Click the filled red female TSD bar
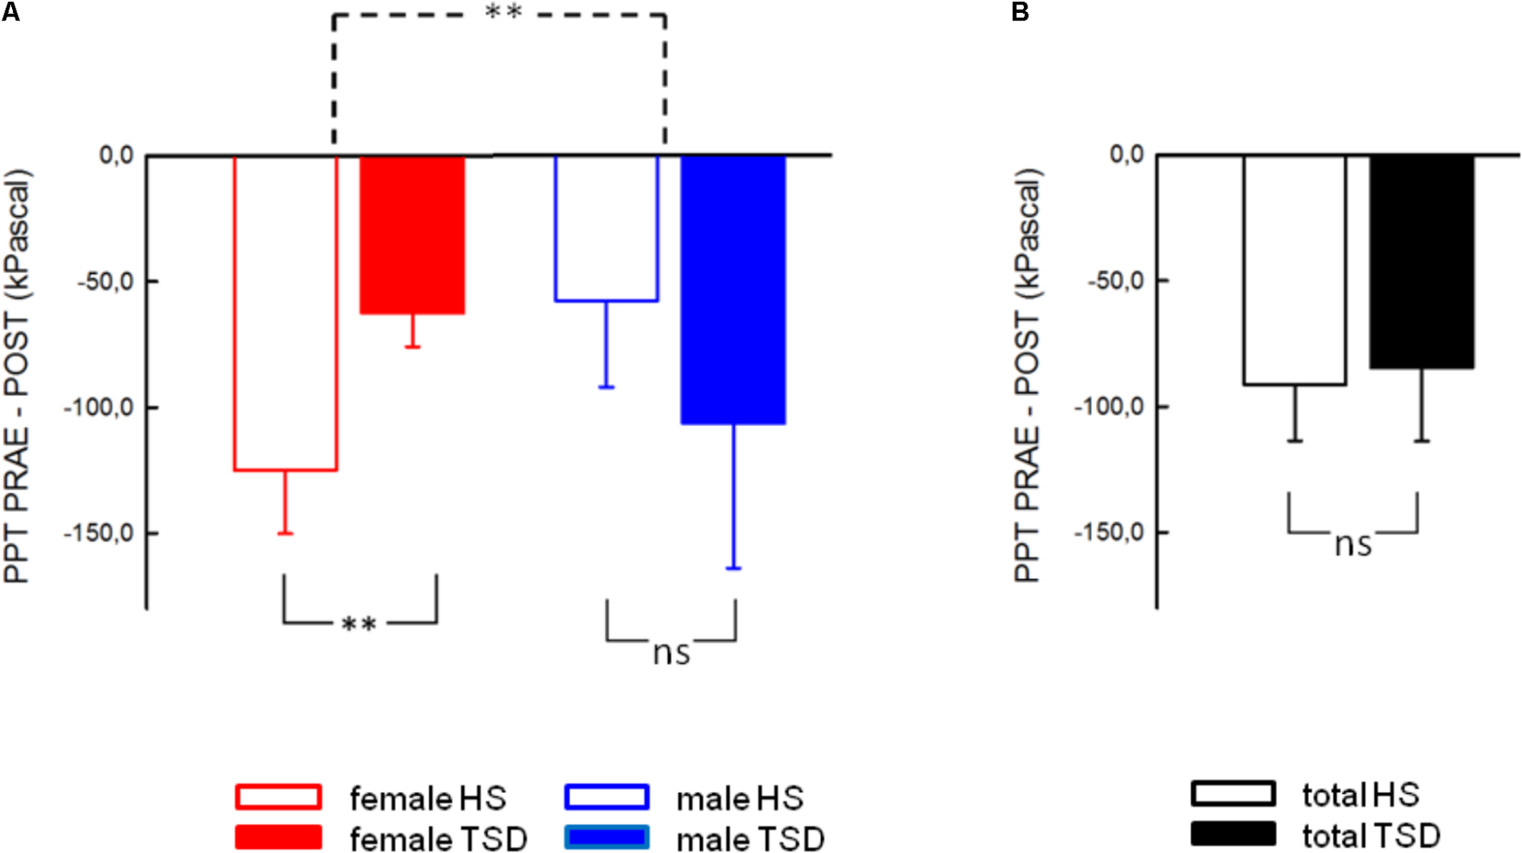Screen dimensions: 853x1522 pos(412,235)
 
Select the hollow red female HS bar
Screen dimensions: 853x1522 pos(285,313)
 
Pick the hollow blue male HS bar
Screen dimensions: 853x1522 pos(606,228)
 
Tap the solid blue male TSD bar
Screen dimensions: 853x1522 pos(734,289)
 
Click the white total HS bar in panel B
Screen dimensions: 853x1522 pos(1294,270)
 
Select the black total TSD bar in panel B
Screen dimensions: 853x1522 pos(1422,262)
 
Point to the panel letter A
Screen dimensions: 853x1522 pos(9,12)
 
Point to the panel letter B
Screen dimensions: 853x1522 pos(1020,12)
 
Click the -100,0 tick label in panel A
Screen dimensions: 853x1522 pos(99,407)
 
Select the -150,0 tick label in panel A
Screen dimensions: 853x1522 pos(99,533)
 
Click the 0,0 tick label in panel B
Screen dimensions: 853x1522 pos(1127,155)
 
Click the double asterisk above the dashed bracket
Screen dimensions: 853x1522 pos(503,12)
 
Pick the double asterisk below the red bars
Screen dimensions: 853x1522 pos(359,624)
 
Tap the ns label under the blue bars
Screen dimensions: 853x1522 pos(671,653)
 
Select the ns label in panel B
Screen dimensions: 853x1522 pos(1353,545)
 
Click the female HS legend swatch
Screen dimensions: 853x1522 pos(278,797)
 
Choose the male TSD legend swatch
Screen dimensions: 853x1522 pos(606,838)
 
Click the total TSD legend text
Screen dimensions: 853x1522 pos(1371,836)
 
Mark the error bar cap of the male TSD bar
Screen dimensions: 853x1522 pos(734,569)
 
